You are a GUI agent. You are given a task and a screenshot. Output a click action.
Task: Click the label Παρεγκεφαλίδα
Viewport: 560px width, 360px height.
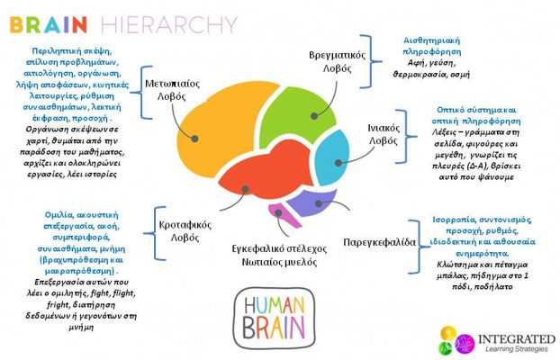click(379, 242)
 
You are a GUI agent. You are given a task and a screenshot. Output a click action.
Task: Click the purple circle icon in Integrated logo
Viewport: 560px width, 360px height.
click(465, 341)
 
